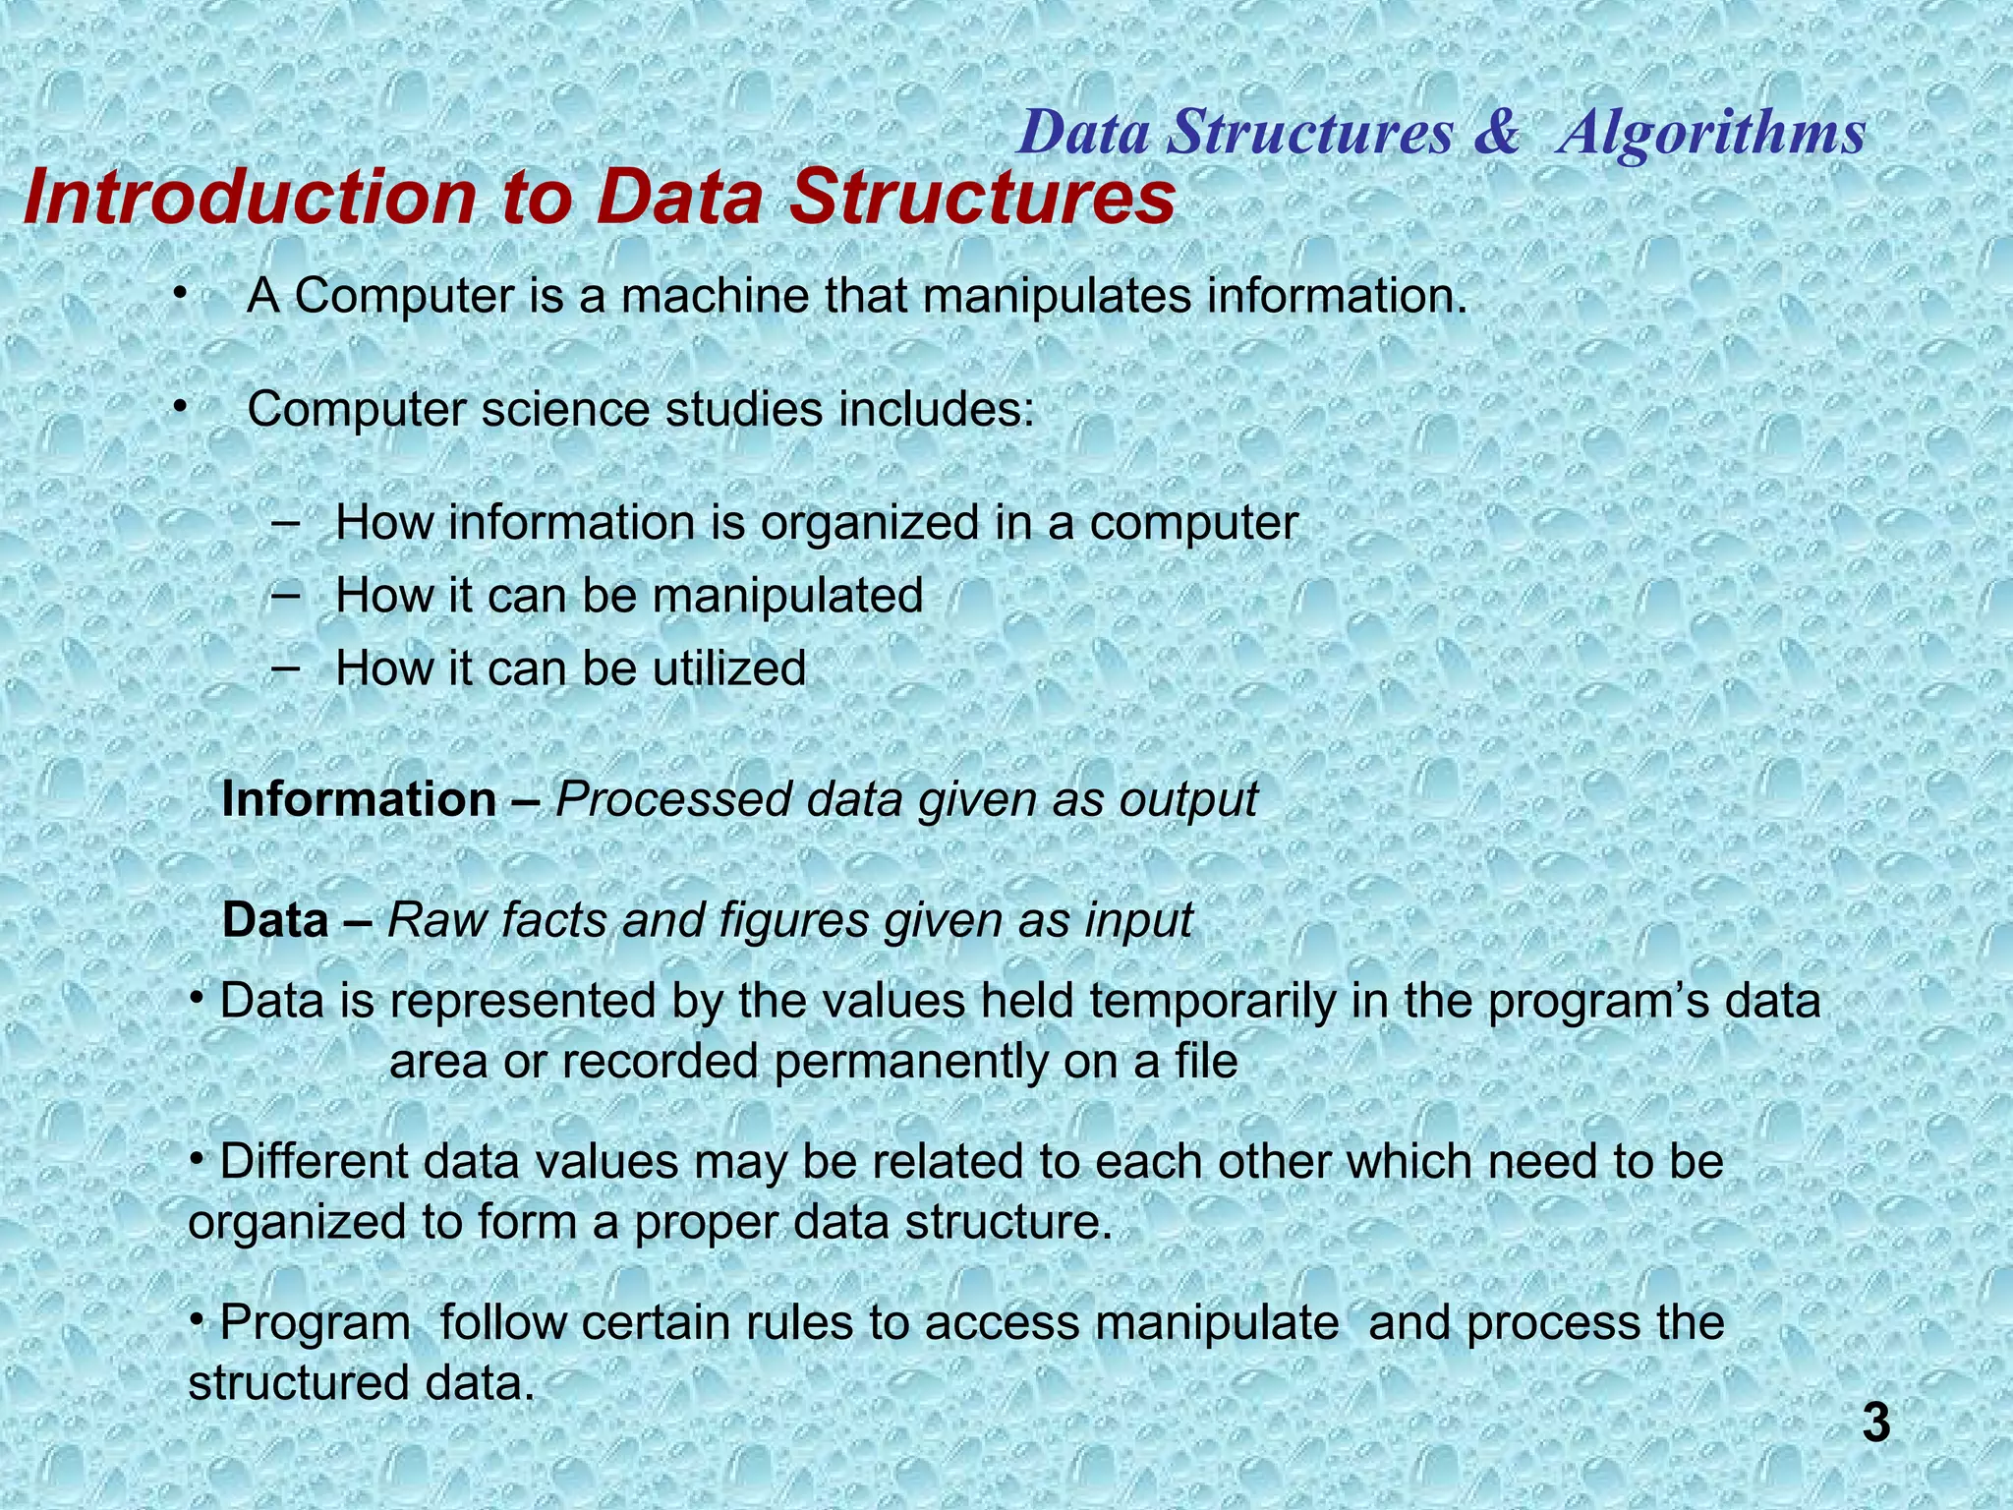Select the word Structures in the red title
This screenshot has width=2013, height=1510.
[983, 198]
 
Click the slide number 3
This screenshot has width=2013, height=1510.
[1875, 1424]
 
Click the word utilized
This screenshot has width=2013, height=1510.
[729, 668]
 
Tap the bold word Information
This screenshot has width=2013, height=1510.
[359, 800]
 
